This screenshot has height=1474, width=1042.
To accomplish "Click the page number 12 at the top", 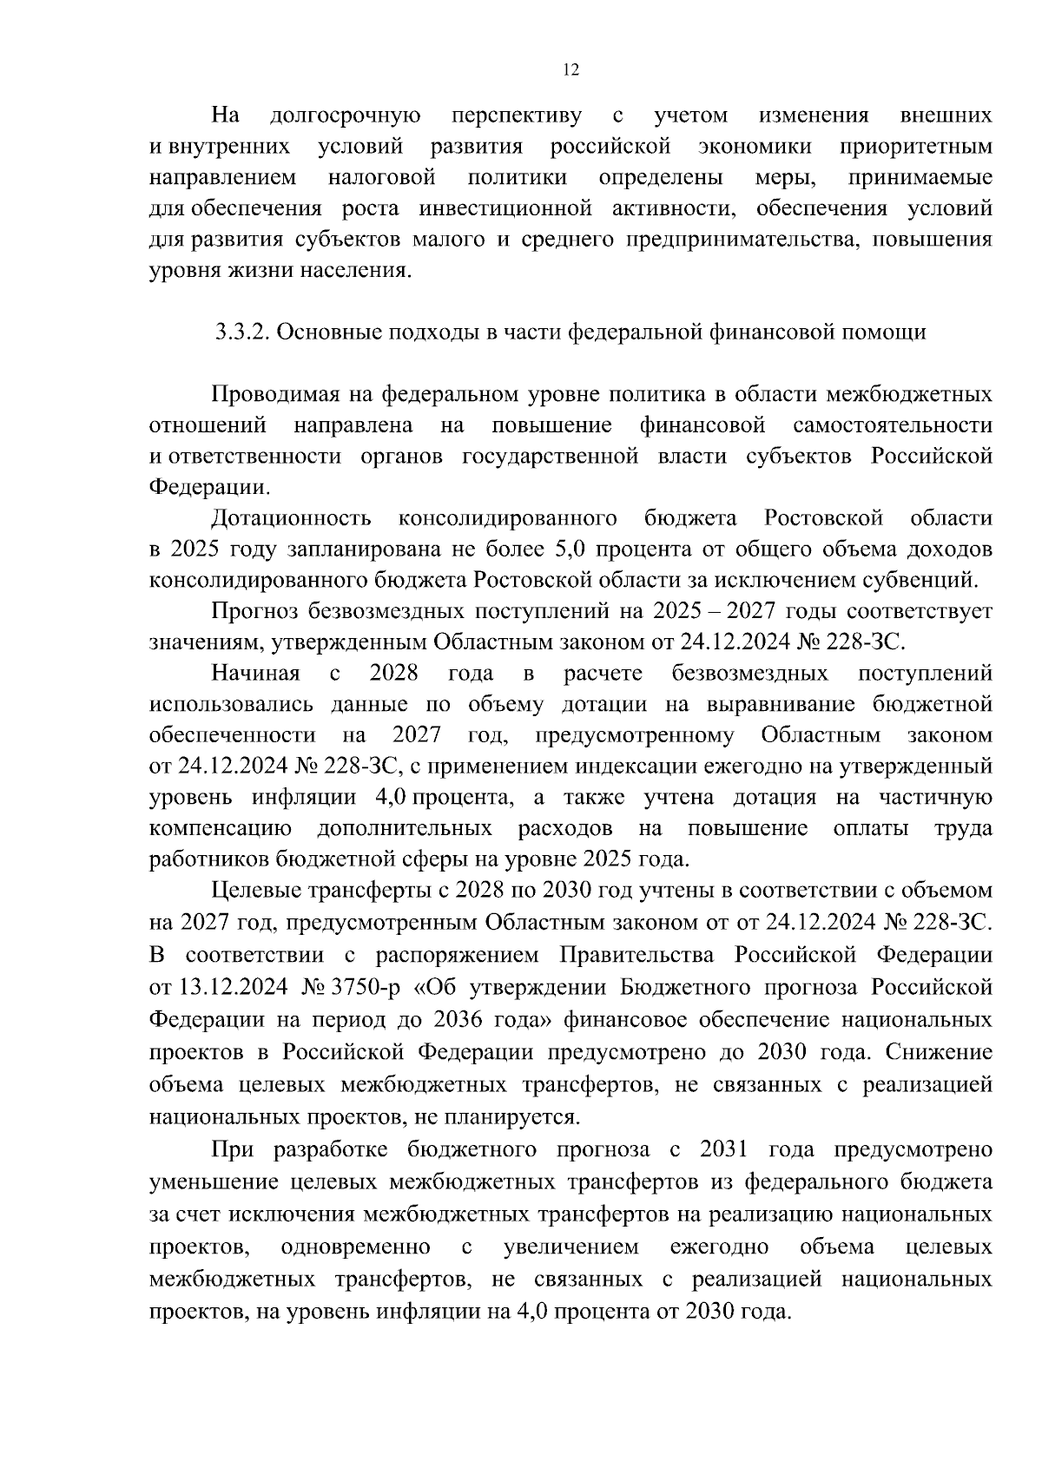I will pyautogui.click(x=570, y=70).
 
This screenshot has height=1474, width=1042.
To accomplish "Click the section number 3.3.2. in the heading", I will pyautogui.click(x=246, y=332).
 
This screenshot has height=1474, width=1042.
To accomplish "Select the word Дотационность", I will pyautogui.click(x=291, y=518).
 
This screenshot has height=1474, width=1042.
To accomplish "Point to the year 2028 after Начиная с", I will pyautogui.click(x=393, y=674).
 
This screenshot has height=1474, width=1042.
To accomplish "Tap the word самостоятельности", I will pyautogui.click(x=893, y=425).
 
